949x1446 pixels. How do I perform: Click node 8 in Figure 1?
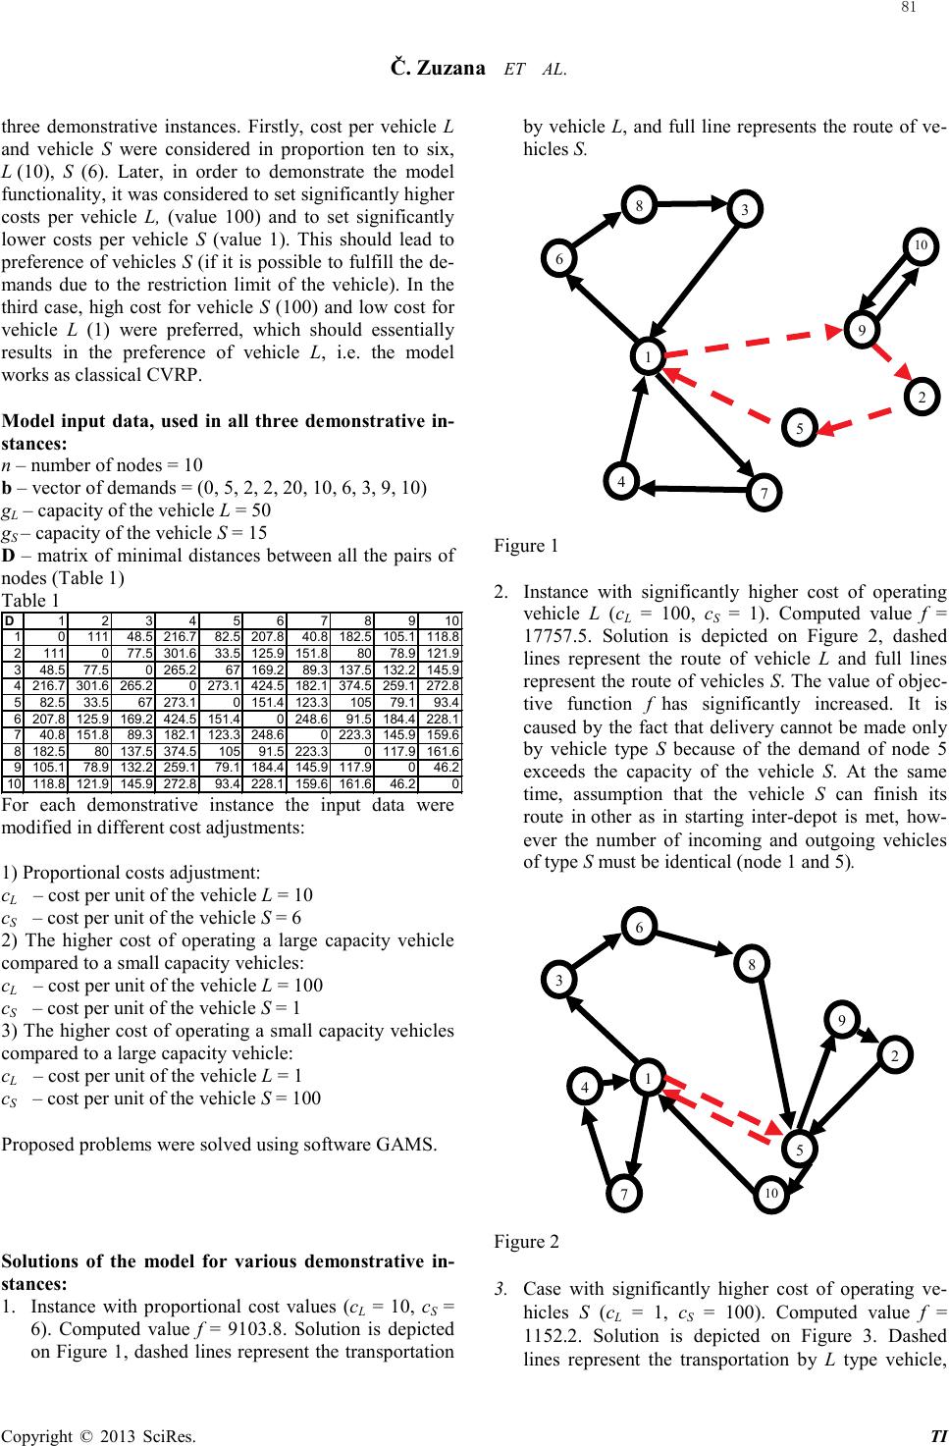click(x=639, y=206)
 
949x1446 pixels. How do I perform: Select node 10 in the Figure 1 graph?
click(x=920, y=243)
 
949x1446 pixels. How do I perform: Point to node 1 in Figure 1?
click(x=648, y=357)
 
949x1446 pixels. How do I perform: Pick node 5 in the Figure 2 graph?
click(x=801, y=1149)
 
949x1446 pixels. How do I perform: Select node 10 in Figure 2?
click(x=770, y=1194)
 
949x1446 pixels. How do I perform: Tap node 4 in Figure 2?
click(x=585, y=1088)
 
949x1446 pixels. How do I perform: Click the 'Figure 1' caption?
click(x=526, y=545)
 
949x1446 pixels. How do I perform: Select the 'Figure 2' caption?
click(x=526, y=1242)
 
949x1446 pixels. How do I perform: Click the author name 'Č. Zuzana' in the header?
click(x=436, y=68)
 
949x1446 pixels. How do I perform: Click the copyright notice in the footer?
click(x=97, y=1436)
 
